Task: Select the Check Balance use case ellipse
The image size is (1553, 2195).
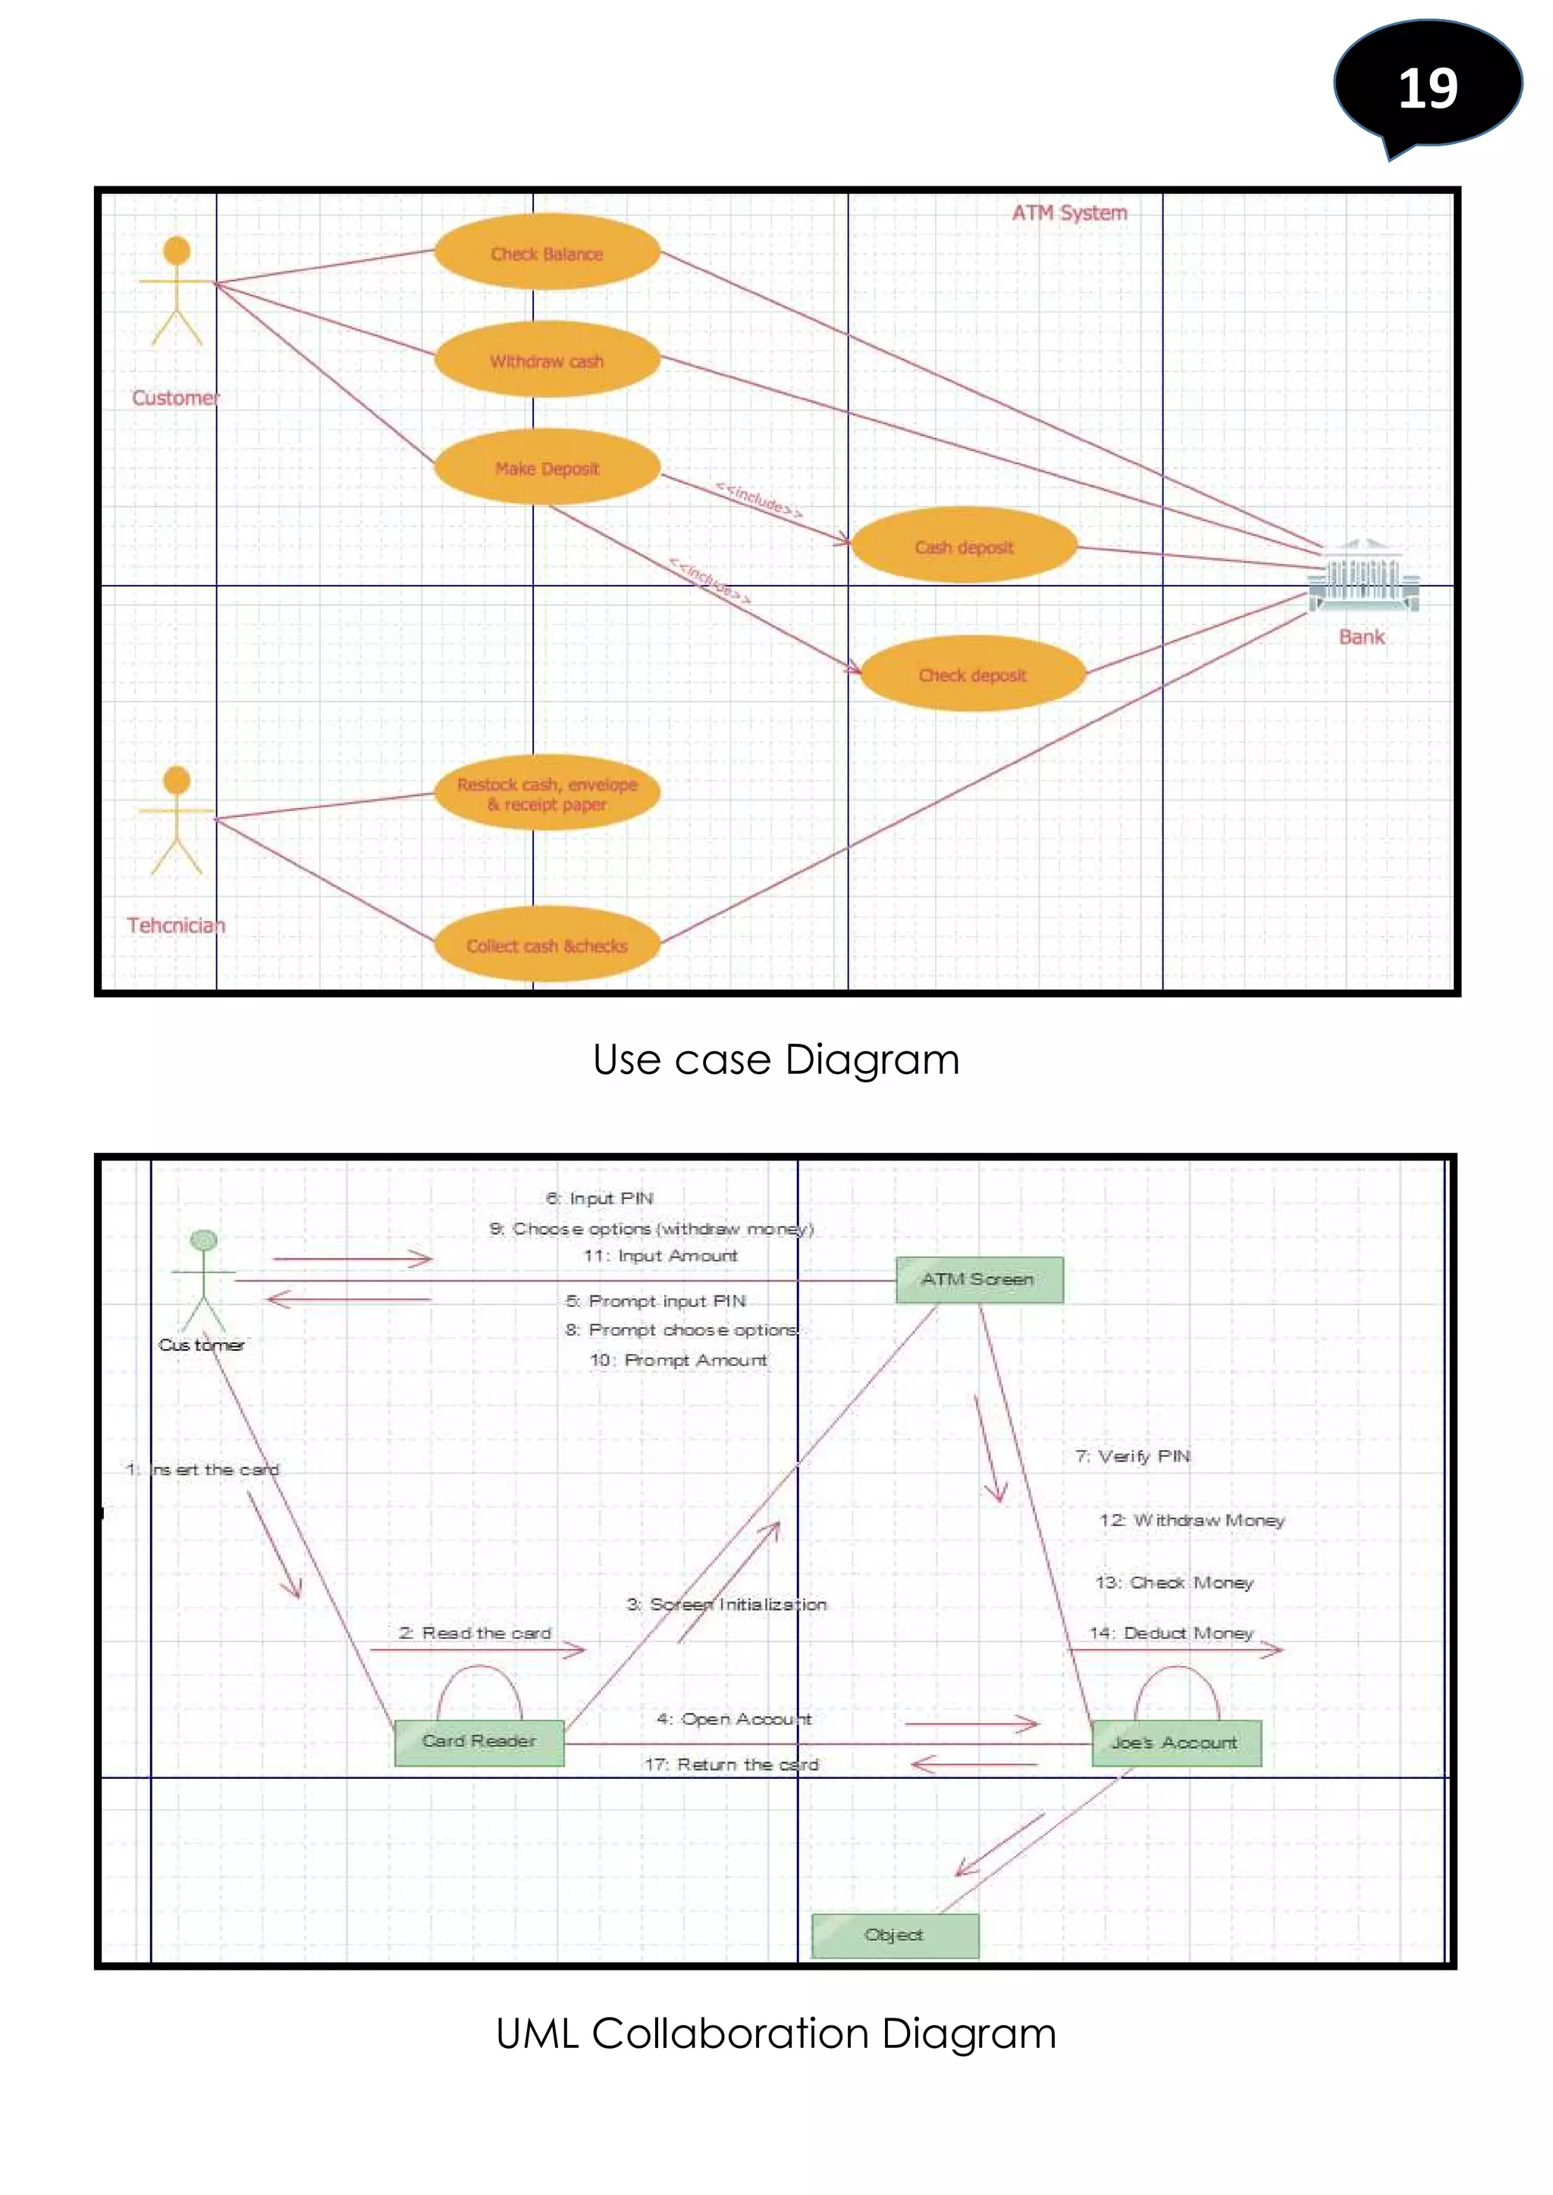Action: click(547, 253)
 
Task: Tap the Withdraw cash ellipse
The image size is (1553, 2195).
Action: click(547, 361)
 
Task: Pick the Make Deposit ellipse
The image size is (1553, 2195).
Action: click(547, 468)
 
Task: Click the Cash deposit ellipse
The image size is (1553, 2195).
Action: click(964, 546)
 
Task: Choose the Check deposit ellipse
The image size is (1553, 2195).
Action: click(973, 674)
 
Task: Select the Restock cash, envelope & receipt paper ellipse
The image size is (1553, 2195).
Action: click(547, 794)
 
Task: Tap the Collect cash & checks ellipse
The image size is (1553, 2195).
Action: click(547, 944)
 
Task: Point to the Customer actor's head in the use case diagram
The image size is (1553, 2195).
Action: click(177, 250)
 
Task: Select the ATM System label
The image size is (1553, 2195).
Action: click(1069, 212)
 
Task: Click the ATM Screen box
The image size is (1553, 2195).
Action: click(978, 1279)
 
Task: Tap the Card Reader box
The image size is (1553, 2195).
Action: click(479, 1741)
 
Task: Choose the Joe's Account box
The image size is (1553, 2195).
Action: click(1175, 1742)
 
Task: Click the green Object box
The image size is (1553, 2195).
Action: click(894, 1934)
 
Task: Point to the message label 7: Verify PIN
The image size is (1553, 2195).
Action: click(1132, 1456)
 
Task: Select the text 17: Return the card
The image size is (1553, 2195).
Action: click(732, 1764)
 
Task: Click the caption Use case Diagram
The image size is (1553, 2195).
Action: click(776, 1060)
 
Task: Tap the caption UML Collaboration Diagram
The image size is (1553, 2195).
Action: click(776, 2033)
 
